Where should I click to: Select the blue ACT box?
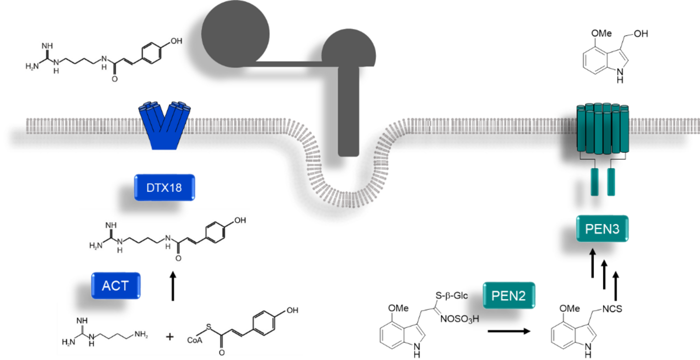[x=115, y=286]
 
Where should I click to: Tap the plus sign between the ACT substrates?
[x=169, y=337]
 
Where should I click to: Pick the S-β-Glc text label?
[x=451, y=296]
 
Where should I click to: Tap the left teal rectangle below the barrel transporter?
[x=594, y=181]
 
